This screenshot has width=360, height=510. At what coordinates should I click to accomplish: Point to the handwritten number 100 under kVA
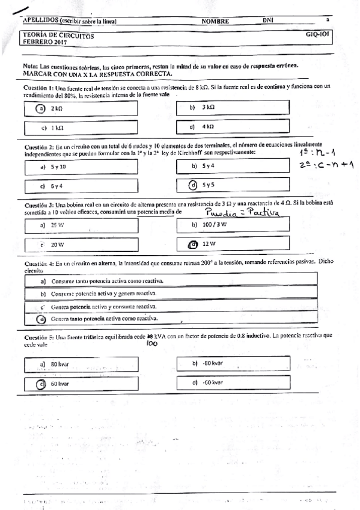click(152, 344)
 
